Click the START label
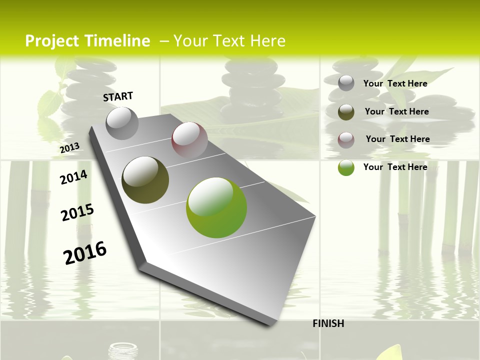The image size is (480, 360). [x=118, y=96]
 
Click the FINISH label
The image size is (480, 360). [x=328, y=323]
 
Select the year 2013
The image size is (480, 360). [x=69, y=147]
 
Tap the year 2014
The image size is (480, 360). [x=73, y=177]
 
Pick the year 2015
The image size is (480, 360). [x=77, y=212]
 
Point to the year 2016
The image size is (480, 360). [x=85, y=252]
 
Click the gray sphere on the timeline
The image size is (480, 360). [x=122, y=123]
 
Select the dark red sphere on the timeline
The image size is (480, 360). [x=189, y=139]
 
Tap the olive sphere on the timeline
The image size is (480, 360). [x=145, y=180]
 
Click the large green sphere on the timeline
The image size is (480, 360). [x=216, y=207]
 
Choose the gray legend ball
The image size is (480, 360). [x=346, y=83]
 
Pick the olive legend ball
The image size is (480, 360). [x=346, y=112]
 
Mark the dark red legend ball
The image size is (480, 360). [x=346, y=139]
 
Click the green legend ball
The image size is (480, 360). [x=346, y=167]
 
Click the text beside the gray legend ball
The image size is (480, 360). [x=395, y=83]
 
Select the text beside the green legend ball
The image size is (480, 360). [x=395, y=167]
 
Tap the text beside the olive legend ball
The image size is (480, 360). [x=396, y=111]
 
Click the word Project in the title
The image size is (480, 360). [x=52, y=41]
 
